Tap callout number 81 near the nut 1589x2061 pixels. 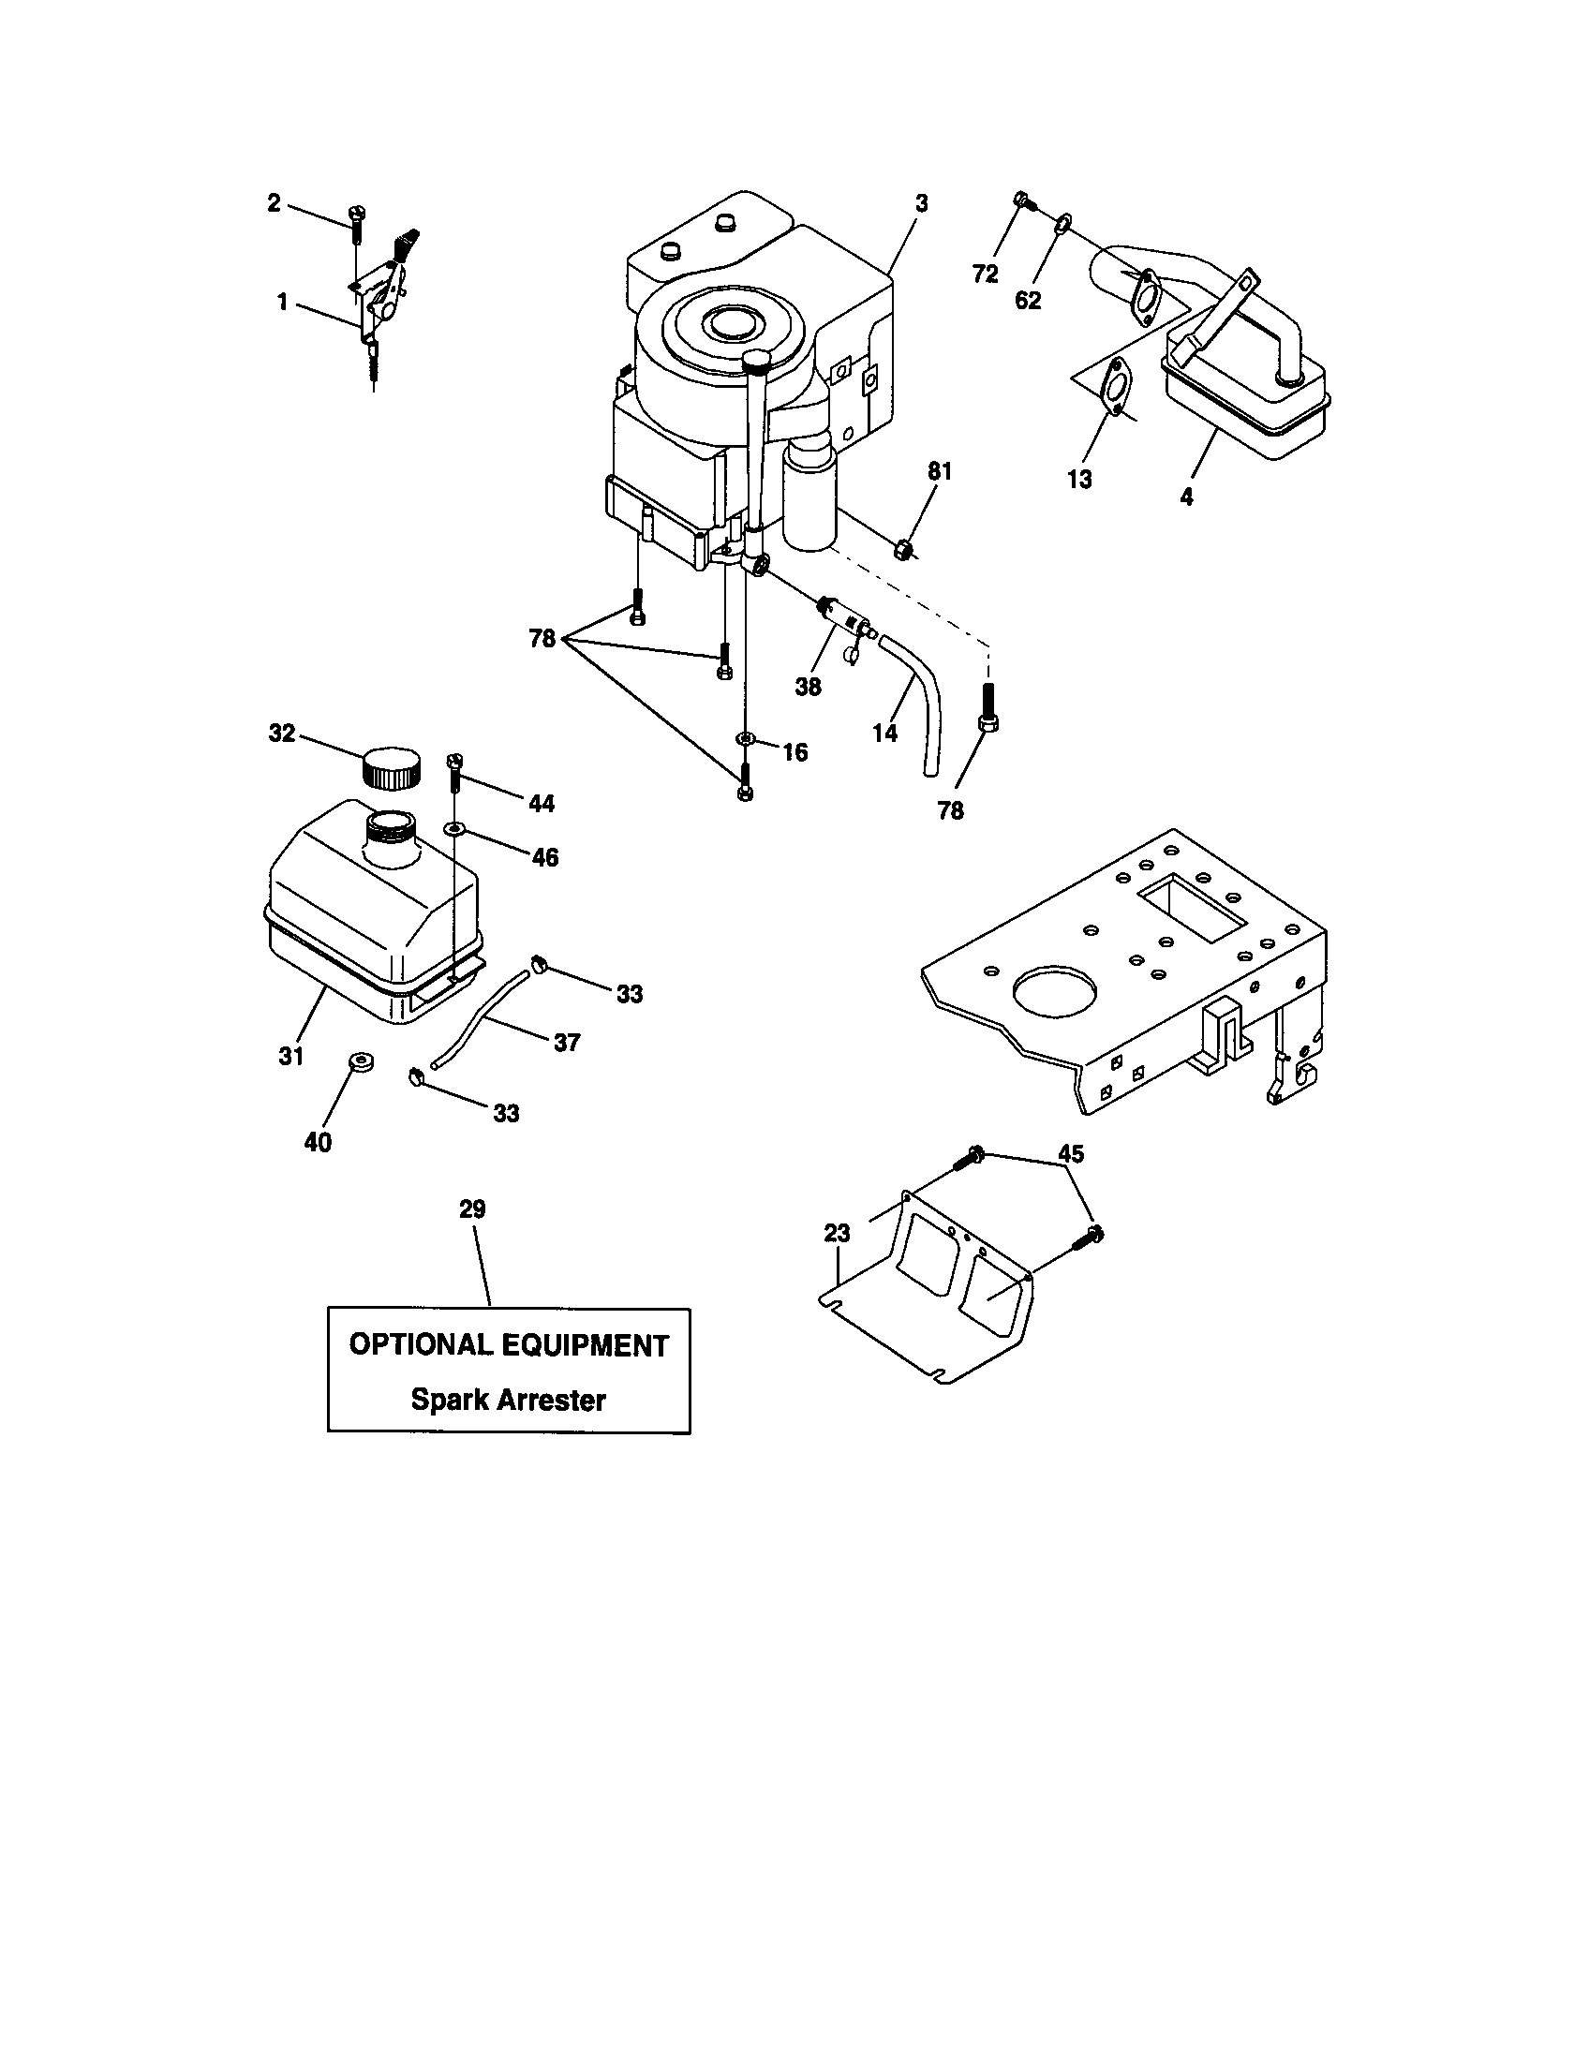940,472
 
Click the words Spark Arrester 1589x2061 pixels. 508,1400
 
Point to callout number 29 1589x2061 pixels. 472,1208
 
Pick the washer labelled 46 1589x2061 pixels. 454,828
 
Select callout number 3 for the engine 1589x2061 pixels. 922,204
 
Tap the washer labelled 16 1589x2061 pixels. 745,737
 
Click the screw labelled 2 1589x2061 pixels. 357,225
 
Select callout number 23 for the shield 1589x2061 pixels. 837,1233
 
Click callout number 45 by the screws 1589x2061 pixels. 1071,1153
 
